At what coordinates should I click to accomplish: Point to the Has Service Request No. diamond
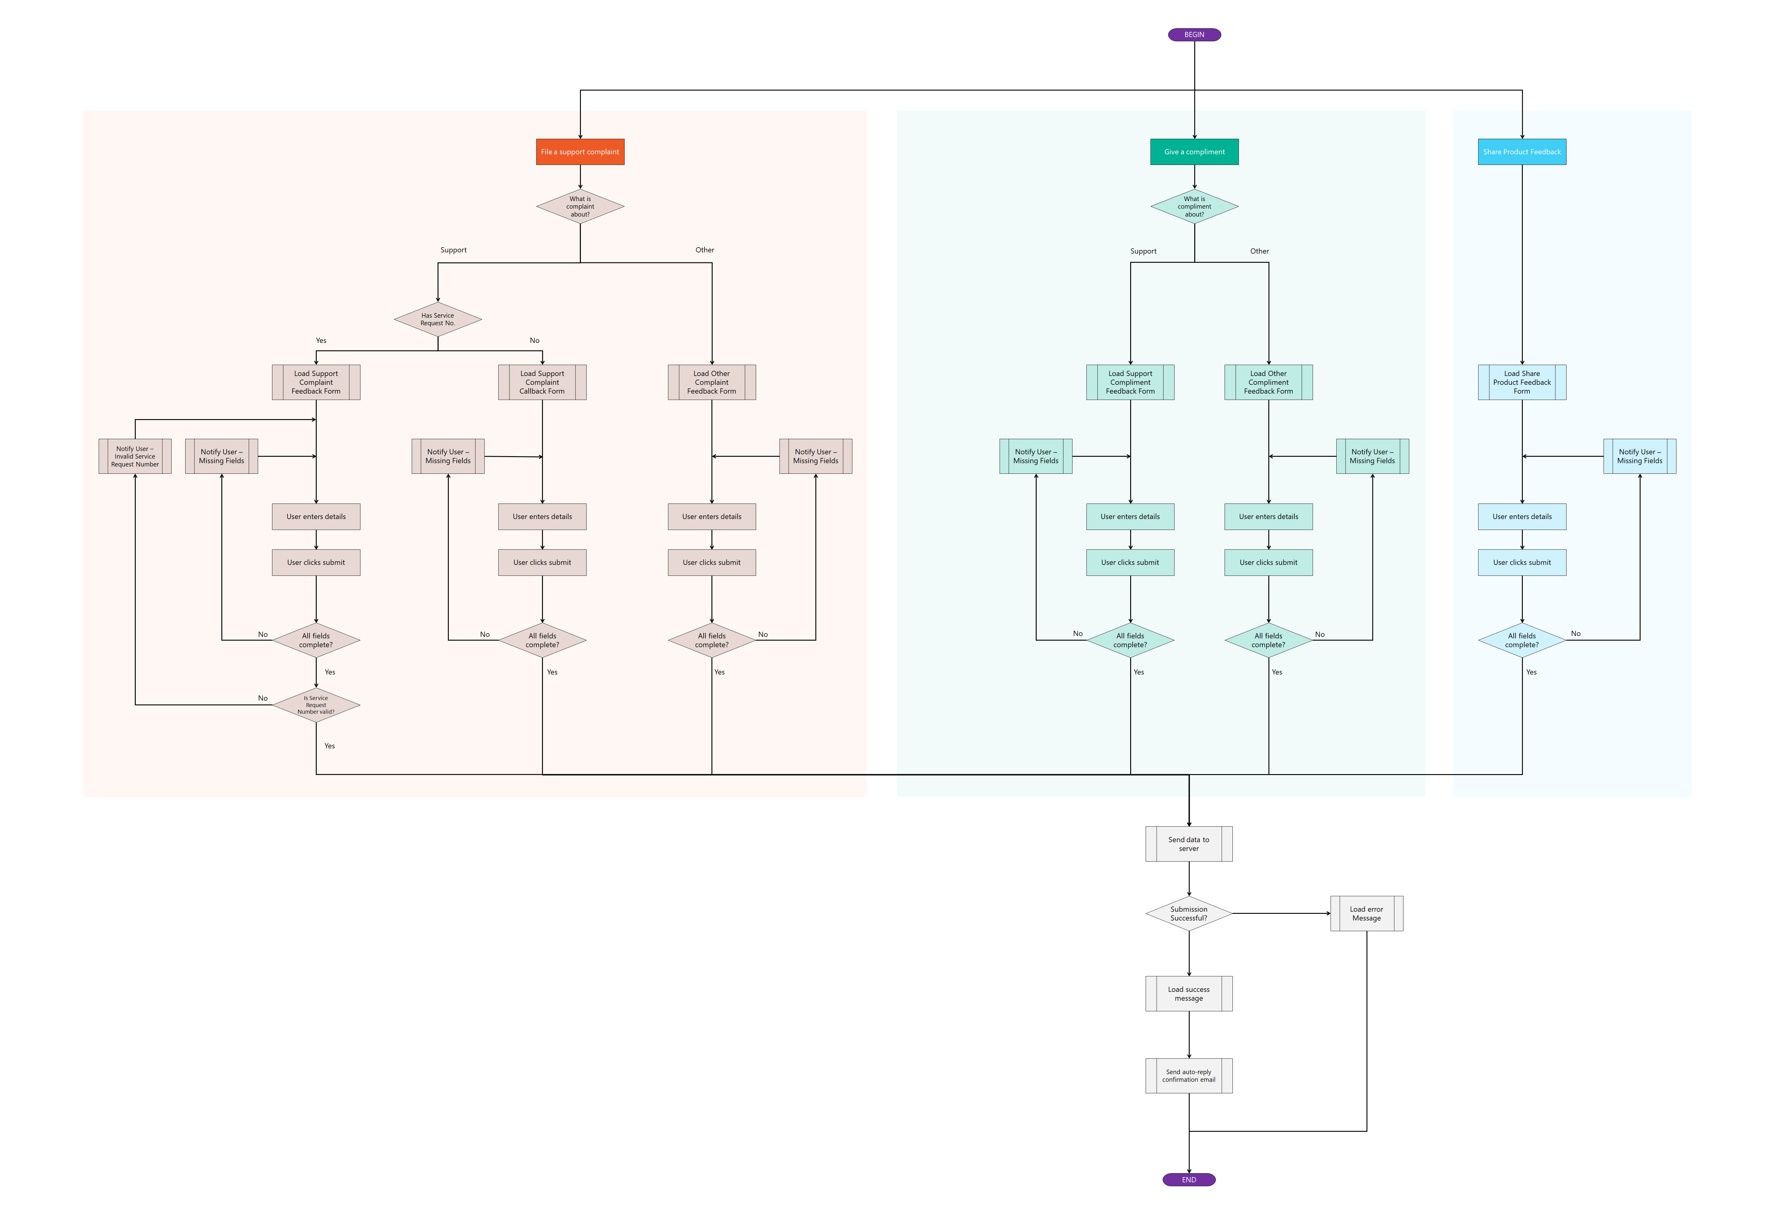(x=438, y=319)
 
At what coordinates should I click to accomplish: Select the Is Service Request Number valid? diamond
(x=316, y=705)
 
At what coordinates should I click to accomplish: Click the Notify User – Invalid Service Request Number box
(x=135, y=456)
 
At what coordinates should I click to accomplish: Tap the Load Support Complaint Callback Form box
(x=542, y=382)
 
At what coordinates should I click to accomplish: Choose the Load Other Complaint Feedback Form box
(x=712, y=382)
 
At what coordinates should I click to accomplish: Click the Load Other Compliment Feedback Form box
(x=1269, y=382)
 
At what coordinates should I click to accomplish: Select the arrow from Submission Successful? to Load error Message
(x=1282, y=913)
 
